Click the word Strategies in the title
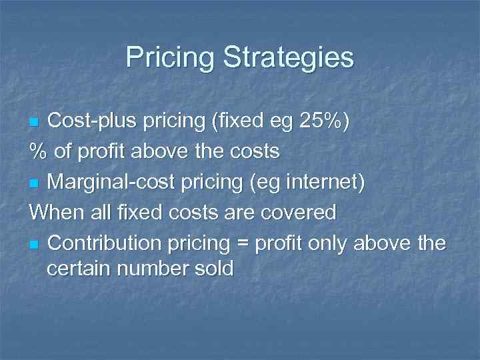(x=289, y=57)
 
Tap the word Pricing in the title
(x=170, y=57)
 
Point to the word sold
(x=212, y=269)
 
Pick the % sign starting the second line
(x=37, y=152)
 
